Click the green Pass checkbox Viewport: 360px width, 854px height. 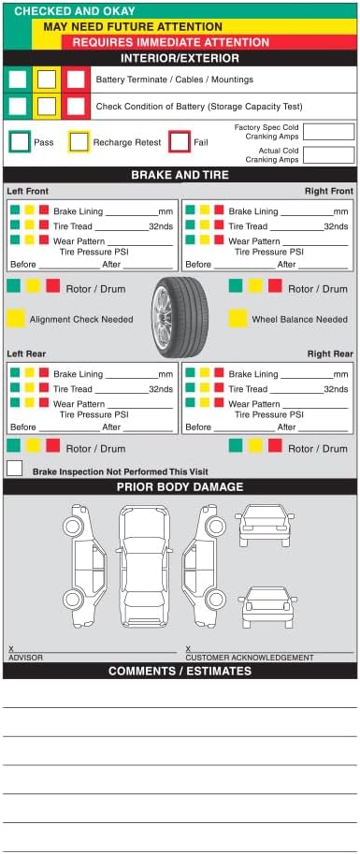[x=20, y=142]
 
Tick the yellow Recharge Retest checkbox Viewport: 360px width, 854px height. [x=79, y=142]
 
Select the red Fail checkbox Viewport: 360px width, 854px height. [x=180, y=142]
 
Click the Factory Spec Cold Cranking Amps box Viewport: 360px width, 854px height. [x=328, y=132]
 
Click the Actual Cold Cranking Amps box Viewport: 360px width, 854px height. [x=328, y=155]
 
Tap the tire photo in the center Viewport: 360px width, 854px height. [x=180, y=317]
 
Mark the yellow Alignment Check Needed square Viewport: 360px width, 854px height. [x=16, y=318]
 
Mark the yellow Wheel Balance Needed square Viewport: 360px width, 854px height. [x=238, y=318]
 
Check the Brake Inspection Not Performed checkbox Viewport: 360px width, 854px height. [x=15, y=468]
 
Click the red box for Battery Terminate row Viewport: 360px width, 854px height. [x=76, y=80]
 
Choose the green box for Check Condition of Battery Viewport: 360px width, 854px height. [x=18, y=107]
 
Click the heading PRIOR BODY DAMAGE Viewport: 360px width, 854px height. [x=180, y=487]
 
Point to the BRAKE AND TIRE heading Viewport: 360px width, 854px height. [x=180, y=175]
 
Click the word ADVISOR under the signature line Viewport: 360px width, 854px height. [x=25, y=658]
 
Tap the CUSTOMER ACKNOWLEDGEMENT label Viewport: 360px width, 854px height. [x=250, y=658]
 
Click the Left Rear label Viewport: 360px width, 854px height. [x=26, y=354]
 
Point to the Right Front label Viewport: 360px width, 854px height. [x=329, y=191]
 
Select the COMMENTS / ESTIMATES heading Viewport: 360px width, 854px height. [x=180, y=671]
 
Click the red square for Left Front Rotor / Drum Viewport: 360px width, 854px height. [x=52, y=285]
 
